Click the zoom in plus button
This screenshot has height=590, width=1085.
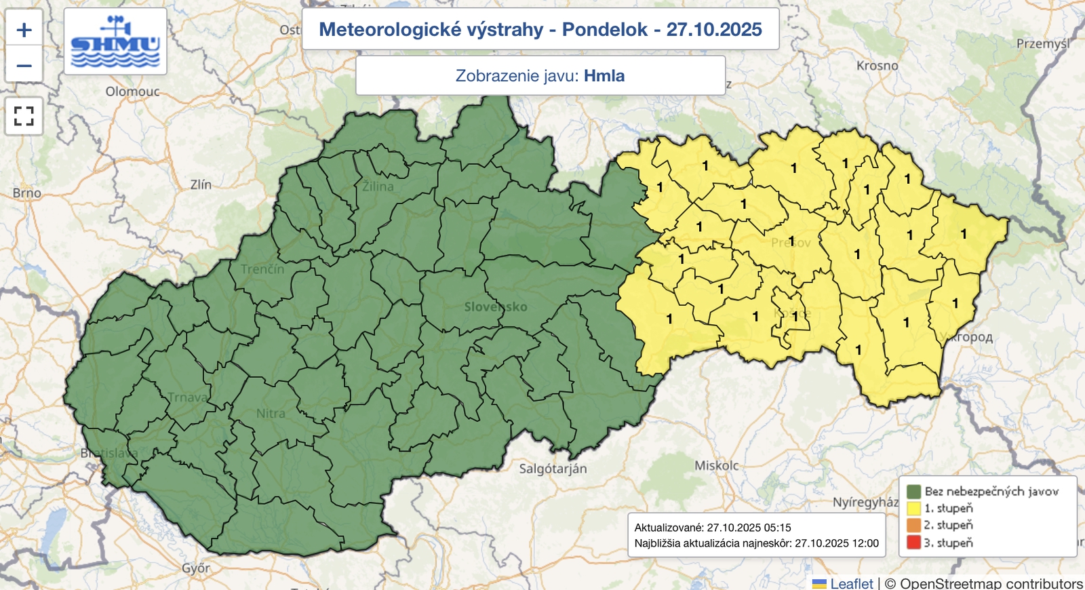point(24,30)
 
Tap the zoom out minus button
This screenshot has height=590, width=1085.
point(24,66)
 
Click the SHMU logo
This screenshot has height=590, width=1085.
point(115,42)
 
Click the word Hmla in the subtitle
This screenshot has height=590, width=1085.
point(604,75)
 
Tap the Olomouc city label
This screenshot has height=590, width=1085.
point(132,92)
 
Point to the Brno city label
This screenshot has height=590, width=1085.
point(27,193)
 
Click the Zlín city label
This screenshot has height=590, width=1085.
point(201,184)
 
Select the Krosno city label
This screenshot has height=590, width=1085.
point(877,66)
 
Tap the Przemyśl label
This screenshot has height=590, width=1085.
point(1042,44)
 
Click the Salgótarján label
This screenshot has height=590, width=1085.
point(553,469)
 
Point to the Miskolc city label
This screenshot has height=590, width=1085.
point(716,466)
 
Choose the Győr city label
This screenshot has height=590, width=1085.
point(196,568)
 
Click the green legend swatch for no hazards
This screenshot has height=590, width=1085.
point(913,491)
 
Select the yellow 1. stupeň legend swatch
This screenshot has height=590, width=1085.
point(913,508)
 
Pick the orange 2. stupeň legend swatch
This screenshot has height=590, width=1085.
point(913,525)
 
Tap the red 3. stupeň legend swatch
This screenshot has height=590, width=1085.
point(913,543)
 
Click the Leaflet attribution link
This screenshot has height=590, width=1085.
point(851,583)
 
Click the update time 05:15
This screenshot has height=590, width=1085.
point(778,528)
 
